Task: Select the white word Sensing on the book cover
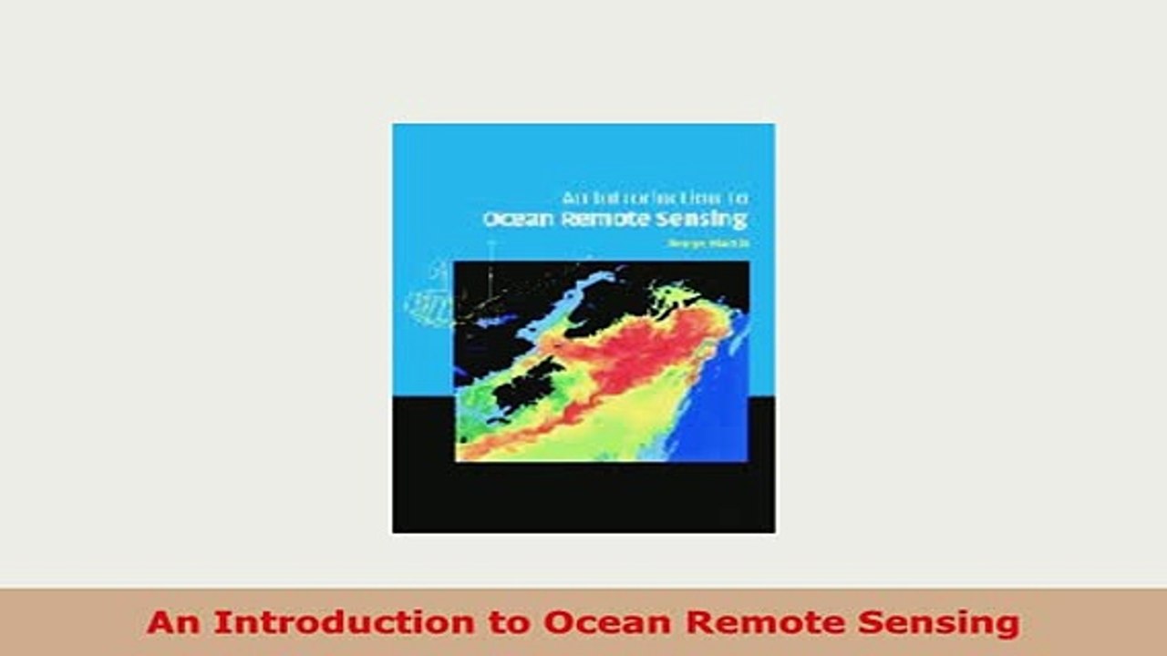[707, 219]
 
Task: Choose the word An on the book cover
[572, 197]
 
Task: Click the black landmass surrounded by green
[524, 383]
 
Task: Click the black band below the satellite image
[583, 497]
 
